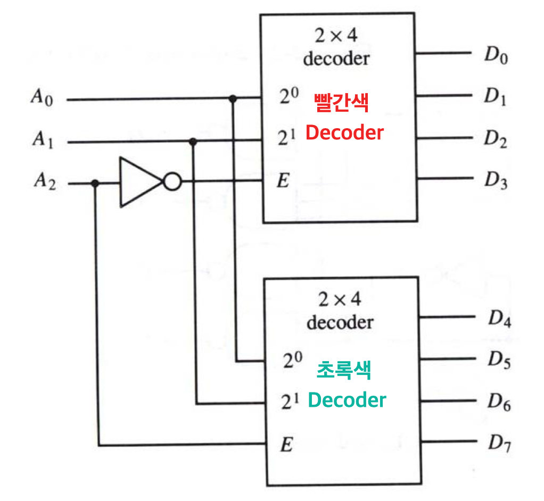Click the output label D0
pos(495,55)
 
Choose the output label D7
pos(499,443)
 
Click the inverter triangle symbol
pos(138,182)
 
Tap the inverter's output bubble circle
pos(171,182)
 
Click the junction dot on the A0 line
pos(232,99)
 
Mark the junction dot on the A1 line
pos(193,141)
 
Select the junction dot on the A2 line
pos(95,183)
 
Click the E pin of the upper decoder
pos(283,181)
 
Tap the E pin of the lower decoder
pos(287,444)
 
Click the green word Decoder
pos(347,399)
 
